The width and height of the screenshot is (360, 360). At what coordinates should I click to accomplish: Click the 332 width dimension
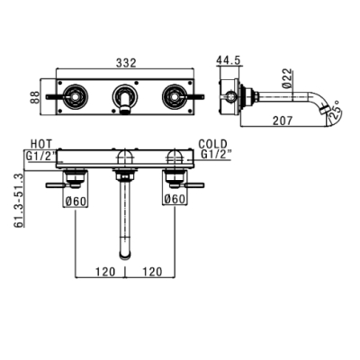[126, 63]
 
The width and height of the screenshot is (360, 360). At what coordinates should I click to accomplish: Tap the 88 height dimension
[35, 97]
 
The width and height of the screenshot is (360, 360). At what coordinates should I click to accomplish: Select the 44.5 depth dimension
[229, 60]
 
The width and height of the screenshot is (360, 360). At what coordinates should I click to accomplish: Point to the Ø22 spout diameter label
[287, 78]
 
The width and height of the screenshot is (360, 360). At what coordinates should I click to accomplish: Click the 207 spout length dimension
[283, 121]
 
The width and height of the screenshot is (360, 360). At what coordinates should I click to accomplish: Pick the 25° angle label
[335, 111]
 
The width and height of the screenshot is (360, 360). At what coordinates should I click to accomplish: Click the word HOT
[41, 144]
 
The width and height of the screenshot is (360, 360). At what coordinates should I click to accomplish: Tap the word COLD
[213, 144]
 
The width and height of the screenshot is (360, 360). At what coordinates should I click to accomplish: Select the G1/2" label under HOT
[41, 156]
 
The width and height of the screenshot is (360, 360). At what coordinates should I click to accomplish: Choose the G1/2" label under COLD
[216, 154]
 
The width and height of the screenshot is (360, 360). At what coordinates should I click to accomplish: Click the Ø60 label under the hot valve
[76, 201]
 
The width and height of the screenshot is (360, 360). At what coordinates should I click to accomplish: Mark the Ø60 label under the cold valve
[175, 199]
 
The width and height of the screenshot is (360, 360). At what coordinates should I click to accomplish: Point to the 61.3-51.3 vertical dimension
[19, 201]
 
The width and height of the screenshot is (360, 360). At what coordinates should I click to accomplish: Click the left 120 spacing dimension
[105, 272]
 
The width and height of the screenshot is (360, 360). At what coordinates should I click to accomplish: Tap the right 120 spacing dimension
[152, 272]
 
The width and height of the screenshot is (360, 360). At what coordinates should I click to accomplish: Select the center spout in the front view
[126, 97]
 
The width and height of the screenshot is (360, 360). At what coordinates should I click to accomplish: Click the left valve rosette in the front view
[76, 96]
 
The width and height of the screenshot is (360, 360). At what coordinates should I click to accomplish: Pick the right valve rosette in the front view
[175, 96]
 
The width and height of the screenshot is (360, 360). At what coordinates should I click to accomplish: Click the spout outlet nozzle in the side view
[323, 111]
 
